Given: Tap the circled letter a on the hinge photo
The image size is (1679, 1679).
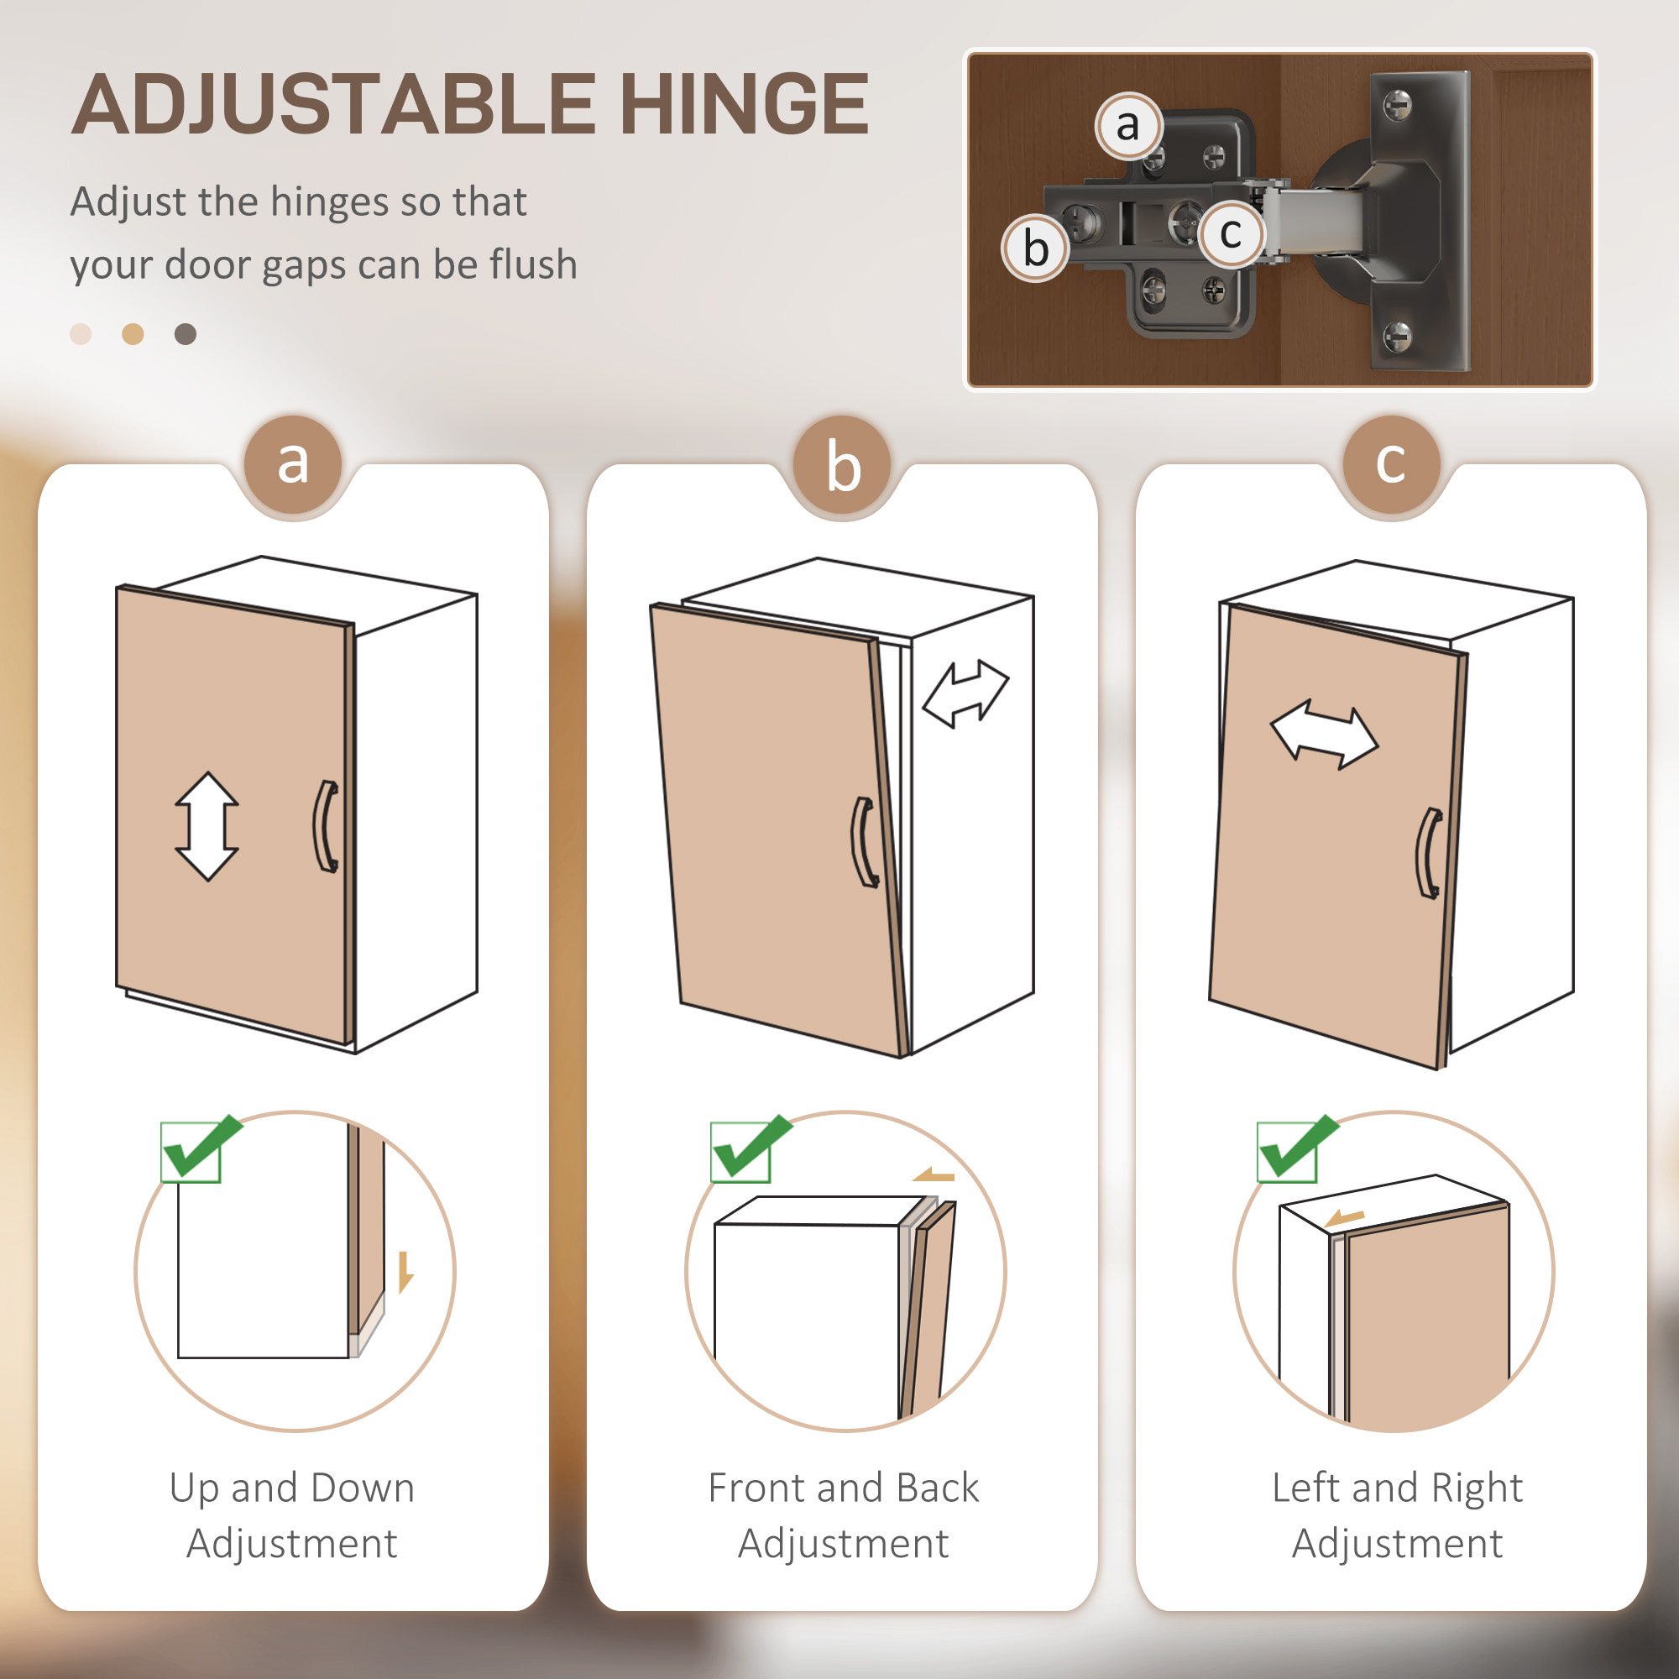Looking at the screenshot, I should pos(1128,126).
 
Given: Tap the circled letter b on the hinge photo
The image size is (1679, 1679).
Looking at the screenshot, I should pos(1035,248).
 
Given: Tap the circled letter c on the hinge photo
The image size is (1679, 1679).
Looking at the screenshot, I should pos(1231,233).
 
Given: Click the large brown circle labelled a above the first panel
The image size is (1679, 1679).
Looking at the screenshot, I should pos(293,463).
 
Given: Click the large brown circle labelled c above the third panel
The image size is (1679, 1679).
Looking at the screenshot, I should pos(1390,463).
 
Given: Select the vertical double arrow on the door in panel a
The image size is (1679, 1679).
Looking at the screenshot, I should pos(207,826).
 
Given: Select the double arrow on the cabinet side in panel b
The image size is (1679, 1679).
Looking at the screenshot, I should pos(965,693).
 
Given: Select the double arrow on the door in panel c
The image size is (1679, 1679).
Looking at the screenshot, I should pos(1324,735).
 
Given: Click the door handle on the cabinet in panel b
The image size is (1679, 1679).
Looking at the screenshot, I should pos(864,842).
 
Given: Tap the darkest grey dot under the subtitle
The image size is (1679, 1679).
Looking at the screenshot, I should pos(185,335).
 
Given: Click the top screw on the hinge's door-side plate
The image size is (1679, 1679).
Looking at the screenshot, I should pos(1397,106).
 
